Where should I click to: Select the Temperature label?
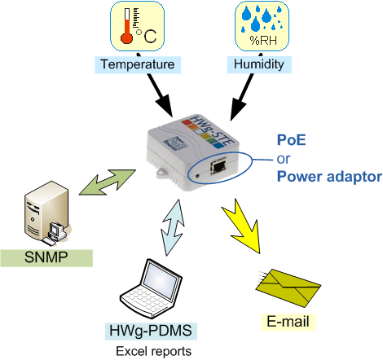[138, 64]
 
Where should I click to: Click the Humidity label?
[259, 64]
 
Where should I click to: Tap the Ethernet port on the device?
[218, 166]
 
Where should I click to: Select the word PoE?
[292, 140]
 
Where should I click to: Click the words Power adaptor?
[329, 177]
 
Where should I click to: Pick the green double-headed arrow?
[108, 182]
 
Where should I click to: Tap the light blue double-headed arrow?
[173, 227]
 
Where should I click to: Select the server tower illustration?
[47, 213]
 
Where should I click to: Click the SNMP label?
[46, 258]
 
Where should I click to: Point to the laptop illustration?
[151, 289]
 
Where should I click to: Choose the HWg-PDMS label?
[151, 331]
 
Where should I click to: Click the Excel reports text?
[154, 351]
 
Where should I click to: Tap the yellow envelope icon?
[288, 288]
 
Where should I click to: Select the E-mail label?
[288, 322]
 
